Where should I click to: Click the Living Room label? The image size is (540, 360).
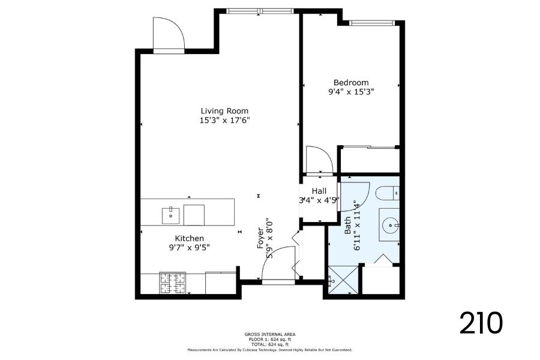tap(224, 111)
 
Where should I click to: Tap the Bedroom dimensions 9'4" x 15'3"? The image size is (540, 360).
tap(351, 92)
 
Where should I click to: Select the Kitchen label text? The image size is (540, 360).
tap(190, 238)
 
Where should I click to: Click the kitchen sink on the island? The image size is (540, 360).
tap(171, 216)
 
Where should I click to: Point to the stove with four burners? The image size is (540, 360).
tap(173, 283)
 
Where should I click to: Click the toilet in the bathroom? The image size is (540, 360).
tap(388, 193)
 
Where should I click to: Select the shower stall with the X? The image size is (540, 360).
tap(343, 280)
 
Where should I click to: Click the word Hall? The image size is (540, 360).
tap(319, 191)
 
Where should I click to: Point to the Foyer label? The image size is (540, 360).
tap(260, 238)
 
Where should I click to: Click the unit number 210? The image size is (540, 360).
tap(481, 323)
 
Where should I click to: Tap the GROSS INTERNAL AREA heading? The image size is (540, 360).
tap(270, 334)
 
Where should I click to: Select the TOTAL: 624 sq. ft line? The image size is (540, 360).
tap(270, 344)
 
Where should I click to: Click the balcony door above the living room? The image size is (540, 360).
tap(169, 34)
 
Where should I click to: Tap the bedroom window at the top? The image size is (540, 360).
tap(372, 23)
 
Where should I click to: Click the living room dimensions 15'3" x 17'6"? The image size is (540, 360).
tap(224, 121)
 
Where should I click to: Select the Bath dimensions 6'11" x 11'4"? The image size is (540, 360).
tap(356, 227)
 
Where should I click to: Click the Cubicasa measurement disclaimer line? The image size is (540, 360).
tap(270, 350)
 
